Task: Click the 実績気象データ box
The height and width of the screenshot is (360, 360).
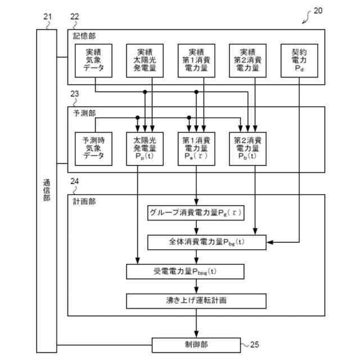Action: click(x=93, y=60)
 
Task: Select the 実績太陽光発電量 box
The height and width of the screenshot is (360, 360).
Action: click(x=145, y=60)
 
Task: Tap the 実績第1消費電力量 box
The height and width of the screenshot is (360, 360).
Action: click(x=196, y=60)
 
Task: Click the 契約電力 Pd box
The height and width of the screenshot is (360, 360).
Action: click(x=298, y=60)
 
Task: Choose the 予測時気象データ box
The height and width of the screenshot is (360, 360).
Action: click(x=93, y=148)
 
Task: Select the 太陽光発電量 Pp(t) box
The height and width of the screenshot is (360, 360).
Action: click(x=145, y=148)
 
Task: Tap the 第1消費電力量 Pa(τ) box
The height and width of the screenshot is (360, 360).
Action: click(x=196, y=148)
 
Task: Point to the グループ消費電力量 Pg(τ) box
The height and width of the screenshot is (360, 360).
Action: click(x=196, y=213)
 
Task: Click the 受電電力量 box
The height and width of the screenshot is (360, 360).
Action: click(x=185, y=272)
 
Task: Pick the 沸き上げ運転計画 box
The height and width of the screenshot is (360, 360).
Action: click(x=185, y=301)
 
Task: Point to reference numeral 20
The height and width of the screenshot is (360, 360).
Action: click(x=318, y=10)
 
